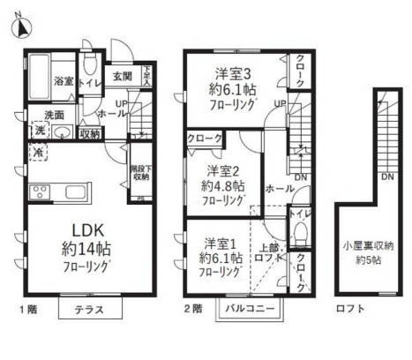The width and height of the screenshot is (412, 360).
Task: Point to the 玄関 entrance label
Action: point(122,76)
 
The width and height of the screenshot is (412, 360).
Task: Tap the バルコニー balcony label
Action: point(251,309)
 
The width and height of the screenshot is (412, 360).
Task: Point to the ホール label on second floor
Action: point(279,188)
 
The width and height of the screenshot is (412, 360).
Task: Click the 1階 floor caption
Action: point(29,310)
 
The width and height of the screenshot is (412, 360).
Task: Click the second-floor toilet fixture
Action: point(299,230)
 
